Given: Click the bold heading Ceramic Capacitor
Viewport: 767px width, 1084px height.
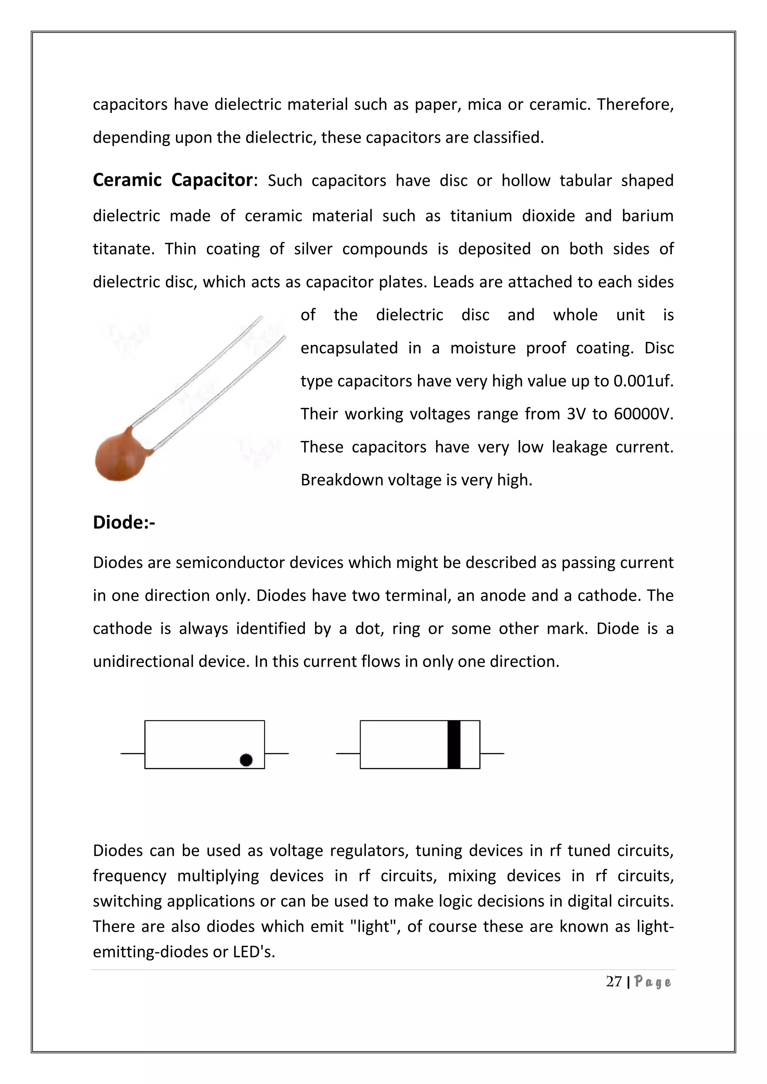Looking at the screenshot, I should (x=173, y=180).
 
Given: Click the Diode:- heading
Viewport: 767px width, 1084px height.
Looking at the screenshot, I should (x=124, y=523).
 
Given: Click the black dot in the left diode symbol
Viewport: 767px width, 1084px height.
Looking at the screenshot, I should (x=246, y=759).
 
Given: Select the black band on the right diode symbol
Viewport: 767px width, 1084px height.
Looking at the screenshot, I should (x=454, y=745).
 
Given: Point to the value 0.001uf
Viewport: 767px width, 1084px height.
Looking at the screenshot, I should (x=643, y=381).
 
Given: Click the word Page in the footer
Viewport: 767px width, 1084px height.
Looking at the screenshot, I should (x=653, y=982).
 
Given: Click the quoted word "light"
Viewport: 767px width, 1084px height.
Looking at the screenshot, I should (x=376, y=926).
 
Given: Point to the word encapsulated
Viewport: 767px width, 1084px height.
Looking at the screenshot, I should (x=349, y=348).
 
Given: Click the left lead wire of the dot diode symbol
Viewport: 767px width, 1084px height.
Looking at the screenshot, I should (x=133, y=753).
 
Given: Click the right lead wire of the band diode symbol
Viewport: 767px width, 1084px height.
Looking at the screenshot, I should (x=492, y=753).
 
